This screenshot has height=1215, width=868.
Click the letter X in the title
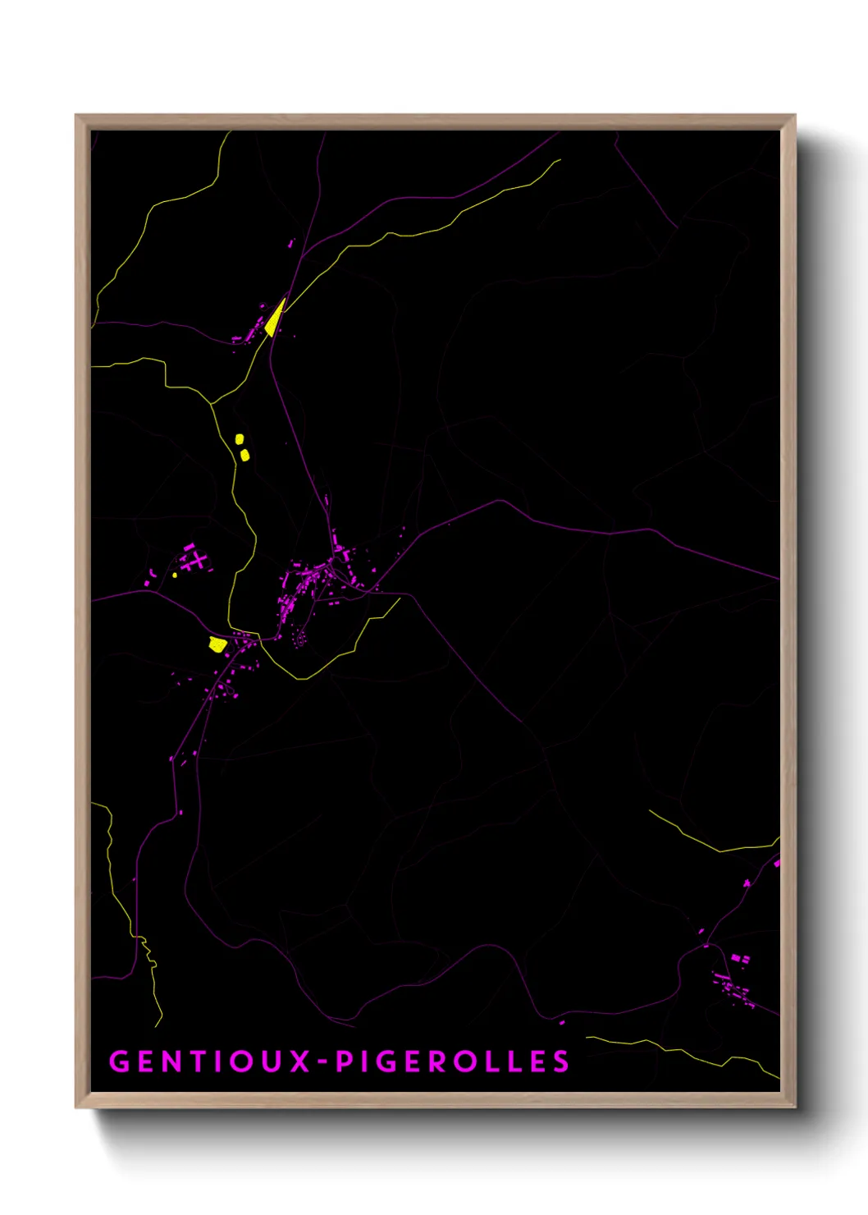tap(299, 1061)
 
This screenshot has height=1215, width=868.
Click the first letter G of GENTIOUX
tap(119, 1061)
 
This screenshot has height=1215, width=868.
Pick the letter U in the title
tap(275, 1061)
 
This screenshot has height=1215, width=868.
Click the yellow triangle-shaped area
tap(274, 319)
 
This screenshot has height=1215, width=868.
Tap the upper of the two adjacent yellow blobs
tap(240, 439)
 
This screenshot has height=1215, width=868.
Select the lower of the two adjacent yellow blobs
tap(244, 455)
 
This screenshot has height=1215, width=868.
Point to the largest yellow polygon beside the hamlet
tap(217, 644)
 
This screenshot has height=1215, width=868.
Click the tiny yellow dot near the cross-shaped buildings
tap(175, 575)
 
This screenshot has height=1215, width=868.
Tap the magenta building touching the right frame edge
tap(776, 863)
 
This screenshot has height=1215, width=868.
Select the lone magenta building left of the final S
tap(562, 1023)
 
